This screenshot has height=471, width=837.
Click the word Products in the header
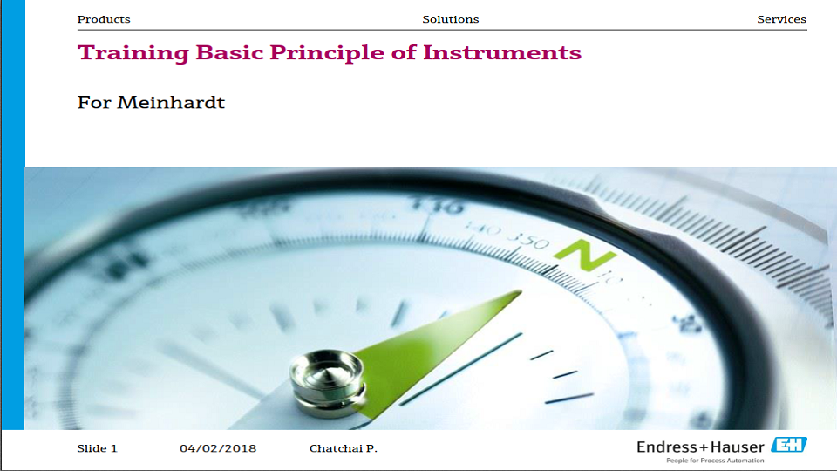[x=104, y=19]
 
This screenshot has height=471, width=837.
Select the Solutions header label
[x=450, y=19]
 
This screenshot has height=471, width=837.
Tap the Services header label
[x=781, y=19]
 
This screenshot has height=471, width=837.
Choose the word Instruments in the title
[x=502, y=52]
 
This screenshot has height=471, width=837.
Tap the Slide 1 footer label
[x=97, y=448]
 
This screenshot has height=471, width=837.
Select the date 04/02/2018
[x=218, y=448]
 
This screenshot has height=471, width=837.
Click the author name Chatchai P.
[x=344, y=448]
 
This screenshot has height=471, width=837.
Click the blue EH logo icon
[x=788, y=446]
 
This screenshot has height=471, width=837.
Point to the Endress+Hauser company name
[x=700, y=447]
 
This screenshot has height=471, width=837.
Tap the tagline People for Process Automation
[x=715, y=461]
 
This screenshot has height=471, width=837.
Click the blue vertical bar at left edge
[x=12, y=218]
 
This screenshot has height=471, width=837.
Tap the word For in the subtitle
[x=94, y=103]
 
